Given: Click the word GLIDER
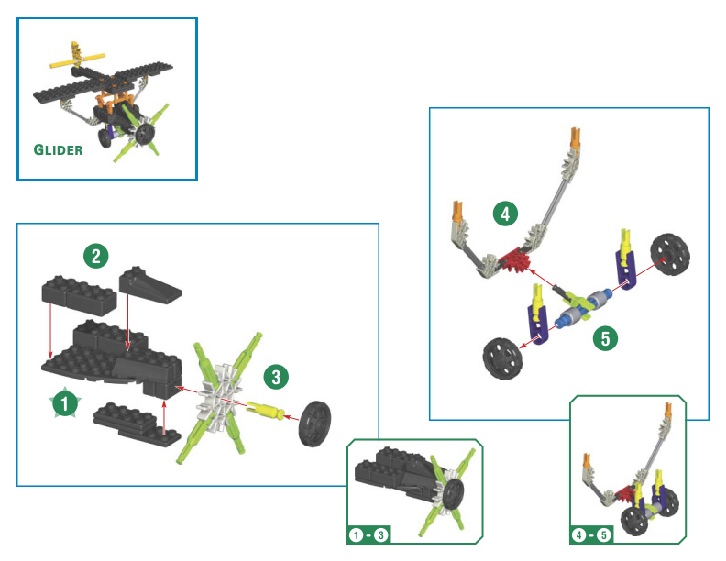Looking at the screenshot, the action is [x=59, y=149].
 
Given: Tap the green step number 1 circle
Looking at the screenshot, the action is [x=65, y=402].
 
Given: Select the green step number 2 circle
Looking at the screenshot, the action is [x=96, y=256].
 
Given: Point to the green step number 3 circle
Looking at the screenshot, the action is [x=276, y=377].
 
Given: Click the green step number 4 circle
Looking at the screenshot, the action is [x=505, y=214].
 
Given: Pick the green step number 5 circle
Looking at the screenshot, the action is [x=605, y=338].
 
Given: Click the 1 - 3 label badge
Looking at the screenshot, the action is [x=368, y=535].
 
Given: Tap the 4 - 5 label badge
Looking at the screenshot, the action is [x=591, y=535].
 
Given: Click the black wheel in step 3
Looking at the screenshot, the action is [x=314, y=423].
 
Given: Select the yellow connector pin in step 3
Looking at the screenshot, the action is [x=265, y=410].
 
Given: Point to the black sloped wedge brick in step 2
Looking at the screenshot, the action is [x=149, y=285].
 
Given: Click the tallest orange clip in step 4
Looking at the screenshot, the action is [x=575, y=137].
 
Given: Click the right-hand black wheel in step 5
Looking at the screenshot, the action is [x=670, y=255].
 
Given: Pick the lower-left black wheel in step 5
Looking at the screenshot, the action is [x=502, y=358].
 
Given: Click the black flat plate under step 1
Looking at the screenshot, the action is [x=137, y=423].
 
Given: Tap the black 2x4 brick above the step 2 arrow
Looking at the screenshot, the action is [x=79, y=296].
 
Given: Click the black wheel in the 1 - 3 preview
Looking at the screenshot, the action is [x=453, y=493].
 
